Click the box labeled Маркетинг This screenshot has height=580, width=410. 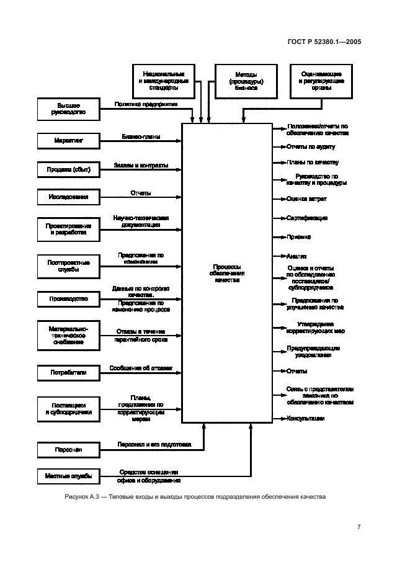[x=68, y=141]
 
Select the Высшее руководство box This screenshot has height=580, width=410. [x=68, y=109]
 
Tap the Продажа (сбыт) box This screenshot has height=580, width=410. [x=68, y=169]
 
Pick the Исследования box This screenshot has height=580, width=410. [x=68, y=198]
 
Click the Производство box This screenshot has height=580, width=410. [x=68, y=299]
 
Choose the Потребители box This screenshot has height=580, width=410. [x=68, y=373]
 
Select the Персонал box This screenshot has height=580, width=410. [x=68, y=449]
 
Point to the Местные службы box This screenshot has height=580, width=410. [x=68, y=476]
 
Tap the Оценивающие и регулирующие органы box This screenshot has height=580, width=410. [x=322, y=82]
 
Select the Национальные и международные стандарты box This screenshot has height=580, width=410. [x=164, y=82]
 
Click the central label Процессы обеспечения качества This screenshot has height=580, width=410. [x=226, y=273]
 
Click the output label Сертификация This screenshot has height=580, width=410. [x=306, y=218]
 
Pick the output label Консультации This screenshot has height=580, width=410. [x=305, y=419]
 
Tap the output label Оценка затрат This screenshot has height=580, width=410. [x=306, y=199]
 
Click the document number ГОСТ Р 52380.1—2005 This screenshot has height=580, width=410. [x=326, y=42]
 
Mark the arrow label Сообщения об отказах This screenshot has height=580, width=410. [x=141, y=368]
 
